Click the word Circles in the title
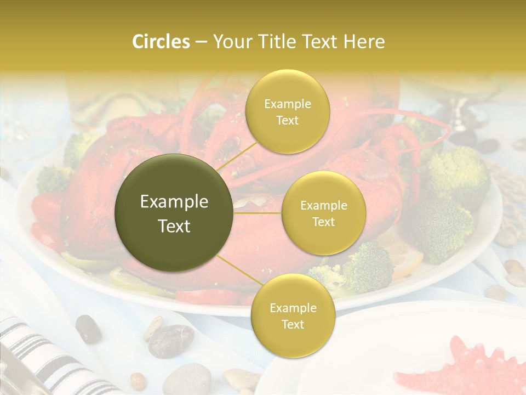[161, 42]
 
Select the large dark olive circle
[174, 213]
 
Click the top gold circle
[287, 112]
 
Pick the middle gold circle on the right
[323, 213]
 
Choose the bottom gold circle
[293, 316]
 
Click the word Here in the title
[364, 42]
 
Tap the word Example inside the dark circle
[174, 202]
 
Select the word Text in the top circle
[287, 120]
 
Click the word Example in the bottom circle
[293, 308]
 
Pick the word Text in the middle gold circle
[323, 222]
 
